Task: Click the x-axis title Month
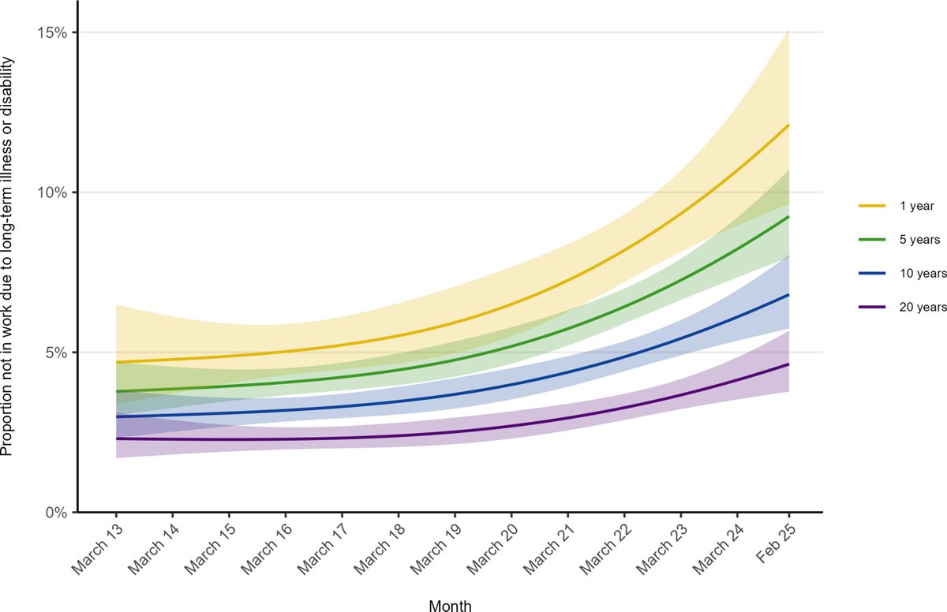[x=451, y=605]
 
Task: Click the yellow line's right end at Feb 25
[x=788, y=125]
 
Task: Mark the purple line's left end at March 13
[x=117, y=438]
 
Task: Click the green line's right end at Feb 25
[x=788, y=217]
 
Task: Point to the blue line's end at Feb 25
[x=788, y=295]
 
